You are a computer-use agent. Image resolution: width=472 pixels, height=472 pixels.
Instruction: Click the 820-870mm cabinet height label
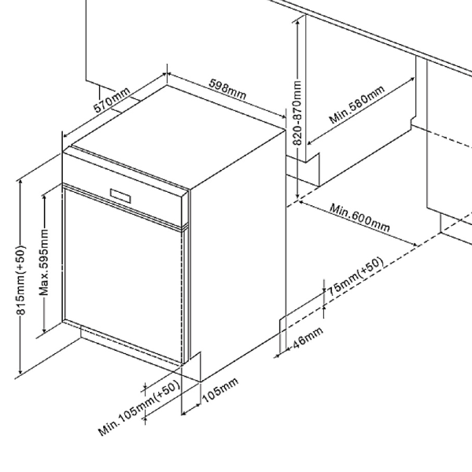[x=297, y=110]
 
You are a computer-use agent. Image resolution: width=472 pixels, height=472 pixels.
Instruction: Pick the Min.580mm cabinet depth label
[x=357, y=107]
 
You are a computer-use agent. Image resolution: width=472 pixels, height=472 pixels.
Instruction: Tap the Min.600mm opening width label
[x=360, y=218]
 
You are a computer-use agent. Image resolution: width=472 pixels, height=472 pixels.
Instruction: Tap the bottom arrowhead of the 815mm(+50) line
[x=20, y=373]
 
